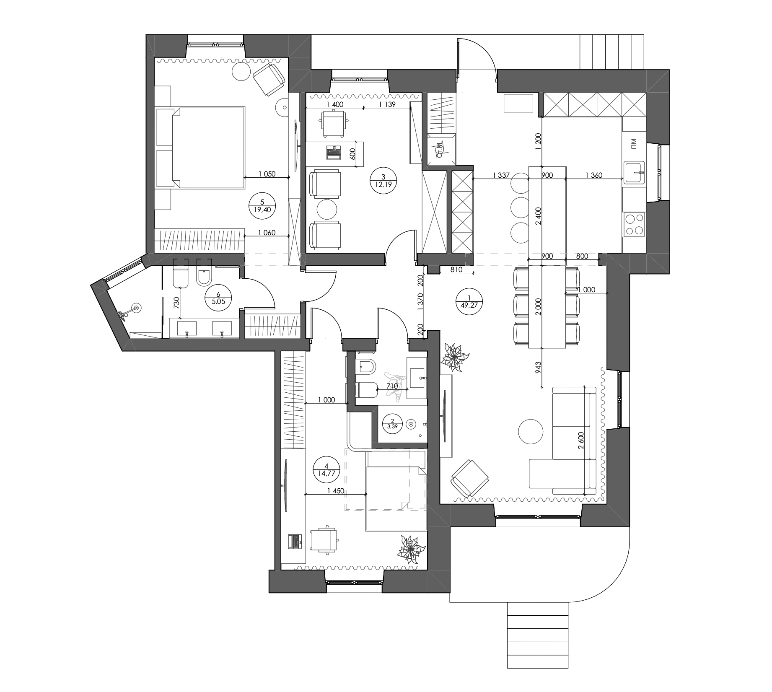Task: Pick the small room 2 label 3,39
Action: click(x=392, y=427)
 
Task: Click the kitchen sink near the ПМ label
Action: click(x=635, y=173)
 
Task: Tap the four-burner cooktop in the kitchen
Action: click(x=634, y=224)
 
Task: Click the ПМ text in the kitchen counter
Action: click(x=634, y=144)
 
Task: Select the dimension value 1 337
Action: click(x=501, y=175)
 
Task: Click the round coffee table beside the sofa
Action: click(x=531, y=432)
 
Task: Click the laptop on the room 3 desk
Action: click(x=334, y=152)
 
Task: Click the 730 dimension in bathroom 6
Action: click(x=176, y=302)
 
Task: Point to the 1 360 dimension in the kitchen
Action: click(x=593, y=175)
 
